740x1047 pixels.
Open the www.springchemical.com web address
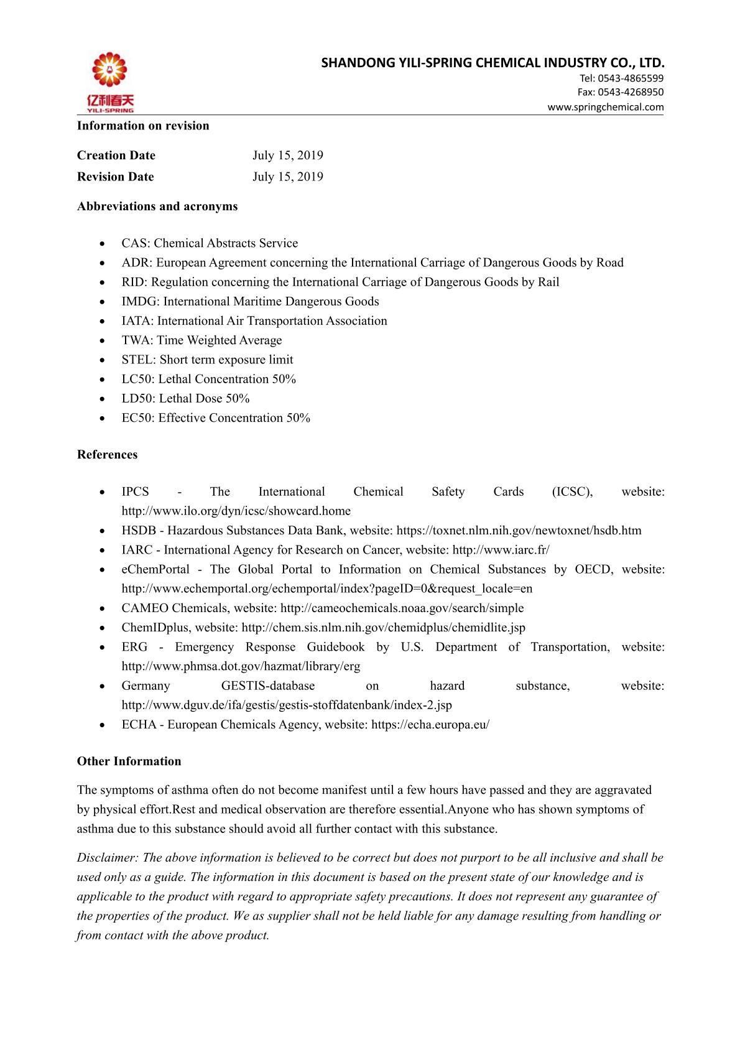click(605, 107)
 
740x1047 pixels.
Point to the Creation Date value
click(287, 156)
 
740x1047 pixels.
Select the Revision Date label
click(115, 177)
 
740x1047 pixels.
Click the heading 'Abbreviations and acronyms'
click(157, 207)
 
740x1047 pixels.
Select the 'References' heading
click(107, 455)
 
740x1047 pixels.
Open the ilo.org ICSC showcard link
click(236, 511)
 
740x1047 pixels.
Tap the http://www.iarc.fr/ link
click(501, 550)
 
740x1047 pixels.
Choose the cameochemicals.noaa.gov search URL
click(402, 608)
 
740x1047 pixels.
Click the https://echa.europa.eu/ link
click(430, 725)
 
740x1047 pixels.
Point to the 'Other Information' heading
click(129, 761)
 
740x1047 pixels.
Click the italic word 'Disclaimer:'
click(108, 858)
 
